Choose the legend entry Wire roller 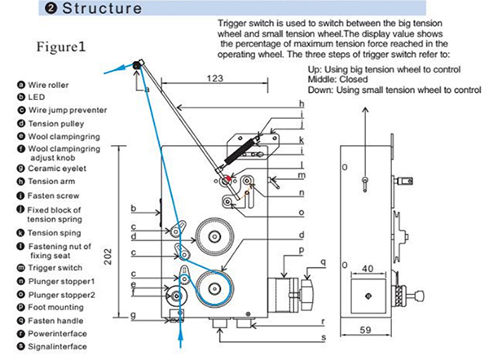pyautogui.click(x=46, y=83)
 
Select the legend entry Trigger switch pyautogui.click(x=55, y=268)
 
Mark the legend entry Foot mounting pyautogui.click(x=55, y=307)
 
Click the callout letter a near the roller pyautogui.click(x=147, y=89)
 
